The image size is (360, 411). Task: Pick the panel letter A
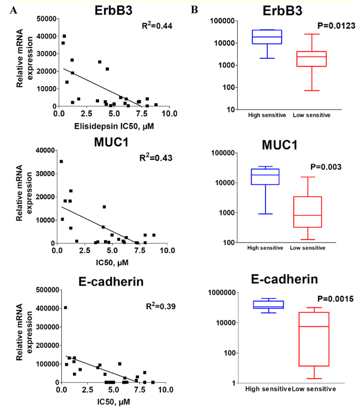[14, 11]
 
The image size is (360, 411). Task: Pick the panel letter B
[194, 11]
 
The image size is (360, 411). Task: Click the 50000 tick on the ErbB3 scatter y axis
[46, 19]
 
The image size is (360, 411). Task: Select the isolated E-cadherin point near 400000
[65, 308]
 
